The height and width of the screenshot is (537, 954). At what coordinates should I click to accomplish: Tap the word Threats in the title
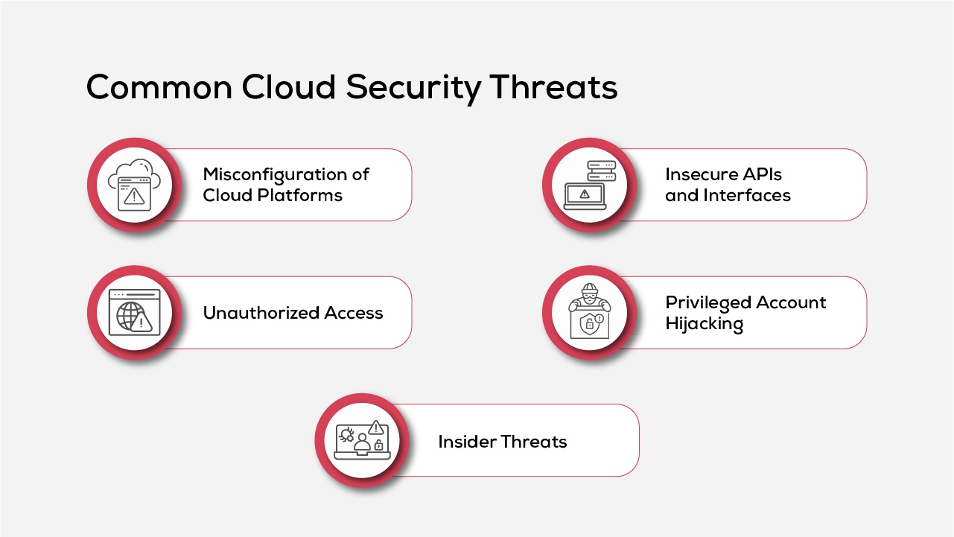[553, 88]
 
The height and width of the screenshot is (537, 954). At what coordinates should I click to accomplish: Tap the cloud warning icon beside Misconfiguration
[134, 185]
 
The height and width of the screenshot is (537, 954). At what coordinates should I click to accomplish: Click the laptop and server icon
[589, 185]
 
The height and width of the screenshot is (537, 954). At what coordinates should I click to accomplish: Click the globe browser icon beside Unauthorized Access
[134, 313]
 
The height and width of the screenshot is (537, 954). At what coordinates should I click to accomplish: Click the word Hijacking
[704, 325]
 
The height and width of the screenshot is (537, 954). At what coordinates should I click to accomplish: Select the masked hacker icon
[589, 313]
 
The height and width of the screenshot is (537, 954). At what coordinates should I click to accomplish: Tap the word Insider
[467, 442]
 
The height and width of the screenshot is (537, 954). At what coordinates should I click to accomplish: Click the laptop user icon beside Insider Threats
[361, 441]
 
